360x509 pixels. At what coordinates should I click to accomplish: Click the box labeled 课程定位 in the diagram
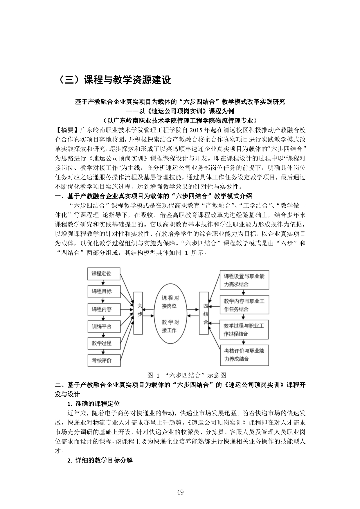coord(104,274)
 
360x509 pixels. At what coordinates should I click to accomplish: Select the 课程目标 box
coord(104,291)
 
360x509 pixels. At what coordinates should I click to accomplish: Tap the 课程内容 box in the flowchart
coord(104,309)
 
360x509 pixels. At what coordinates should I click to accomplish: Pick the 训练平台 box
coord(104,326)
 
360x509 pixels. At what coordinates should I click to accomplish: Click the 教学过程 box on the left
coord(104,343)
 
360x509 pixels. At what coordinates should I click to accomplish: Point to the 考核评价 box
coord(104,360)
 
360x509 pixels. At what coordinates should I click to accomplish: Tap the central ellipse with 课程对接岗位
coord(171,314)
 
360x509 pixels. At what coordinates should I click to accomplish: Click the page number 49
coord(180,492)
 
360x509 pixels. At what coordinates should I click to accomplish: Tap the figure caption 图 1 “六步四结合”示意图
coord(187,375)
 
